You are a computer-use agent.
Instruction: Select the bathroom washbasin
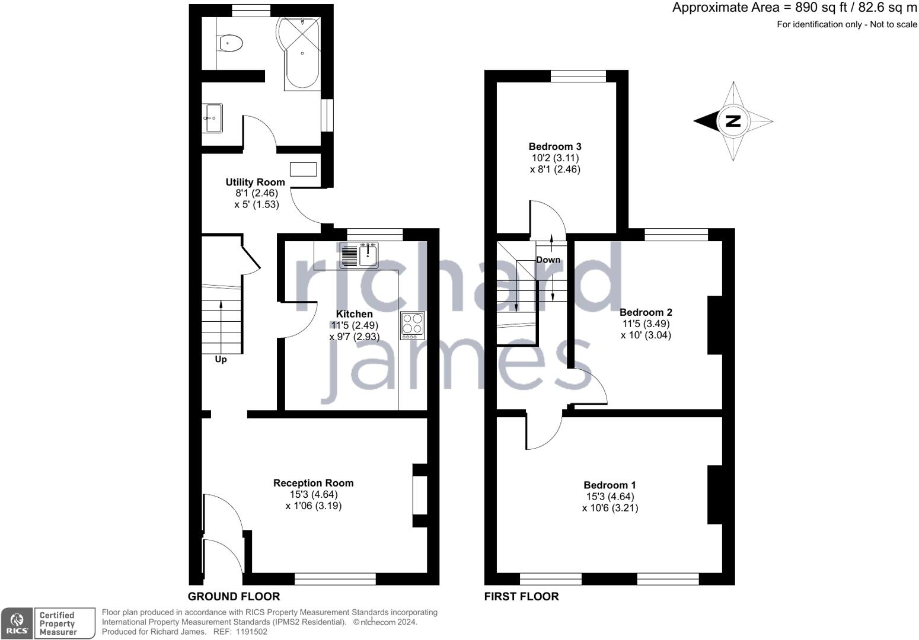pyautogui.click(x=212, y=118)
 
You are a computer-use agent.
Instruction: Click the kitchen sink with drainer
pyautogui.click(x=359, y=255)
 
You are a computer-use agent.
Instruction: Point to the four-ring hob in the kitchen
pyautogui.click(x=413, y=326)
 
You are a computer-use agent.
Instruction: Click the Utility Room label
pyautogui.click(x=255, y=182)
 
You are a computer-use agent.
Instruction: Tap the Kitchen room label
pyautogui.click(x=355, y=314)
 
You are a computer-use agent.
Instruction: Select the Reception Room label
pyautogui.click(x=314, y=483)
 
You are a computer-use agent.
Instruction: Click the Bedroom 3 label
pyautogui.click(x=555, y=146)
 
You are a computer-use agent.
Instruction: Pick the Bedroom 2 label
pyautogui.click(x=646, y=312)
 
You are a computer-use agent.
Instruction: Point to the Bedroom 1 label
pyautogui.click(x=610, y=485)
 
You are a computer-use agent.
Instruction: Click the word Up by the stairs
pyautogui.click(x=221, y=359)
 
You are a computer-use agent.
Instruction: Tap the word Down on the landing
pyautogui.click(x=548, y=260)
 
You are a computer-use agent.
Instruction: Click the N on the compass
pyautogui.click(x=733, y=121)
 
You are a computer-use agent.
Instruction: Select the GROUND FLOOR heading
pyautogui.click(x=234, y=597)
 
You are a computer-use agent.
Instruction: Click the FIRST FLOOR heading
pyautogui.click(x=521, y=597)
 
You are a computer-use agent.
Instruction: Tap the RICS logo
pyautogui.click(x=17, y=623)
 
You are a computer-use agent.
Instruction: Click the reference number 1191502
pyautogui.click(x=251, y=632)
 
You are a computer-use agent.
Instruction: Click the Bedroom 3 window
pyautogui.click(x=578, y=76)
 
